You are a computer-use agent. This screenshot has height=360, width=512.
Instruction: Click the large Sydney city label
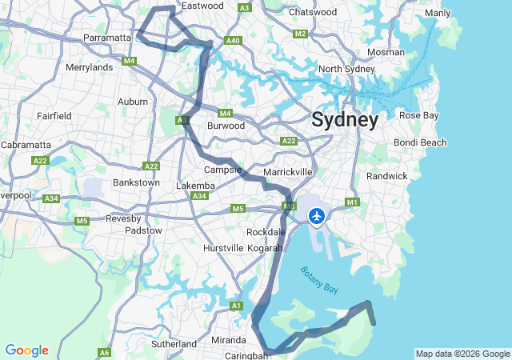pos(345,120)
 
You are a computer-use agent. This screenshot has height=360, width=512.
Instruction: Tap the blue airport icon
pos(318,215)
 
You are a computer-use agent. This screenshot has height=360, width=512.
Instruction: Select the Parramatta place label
pos(107,38)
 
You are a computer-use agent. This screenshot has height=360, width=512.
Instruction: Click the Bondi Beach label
pos(420,142)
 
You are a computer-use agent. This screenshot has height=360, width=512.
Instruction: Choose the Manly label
pos(438,13)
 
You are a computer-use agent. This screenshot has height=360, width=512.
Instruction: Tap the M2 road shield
pos(301,34)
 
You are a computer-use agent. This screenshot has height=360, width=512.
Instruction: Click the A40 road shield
pos(234,41)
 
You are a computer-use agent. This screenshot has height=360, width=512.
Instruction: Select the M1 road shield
pos(353,203)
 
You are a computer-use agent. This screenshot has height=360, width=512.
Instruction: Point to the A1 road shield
pos(236,306)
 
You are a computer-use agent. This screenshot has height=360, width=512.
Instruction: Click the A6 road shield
pos(105,352)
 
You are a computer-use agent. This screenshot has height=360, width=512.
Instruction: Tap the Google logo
pos(26,350)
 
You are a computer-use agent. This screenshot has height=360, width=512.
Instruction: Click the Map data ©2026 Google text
pos(462,354)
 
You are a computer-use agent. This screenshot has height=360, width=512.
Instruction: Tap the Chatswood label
pos(313,12)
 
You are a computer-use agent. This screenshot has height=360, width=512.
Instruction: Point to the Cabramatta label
pos(26,145)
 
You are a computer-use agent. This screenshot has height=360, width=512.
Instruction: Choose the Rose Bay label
pos(419,115)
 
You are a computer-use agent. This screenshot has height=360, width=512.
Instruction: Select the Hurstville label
pos(222,248)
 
